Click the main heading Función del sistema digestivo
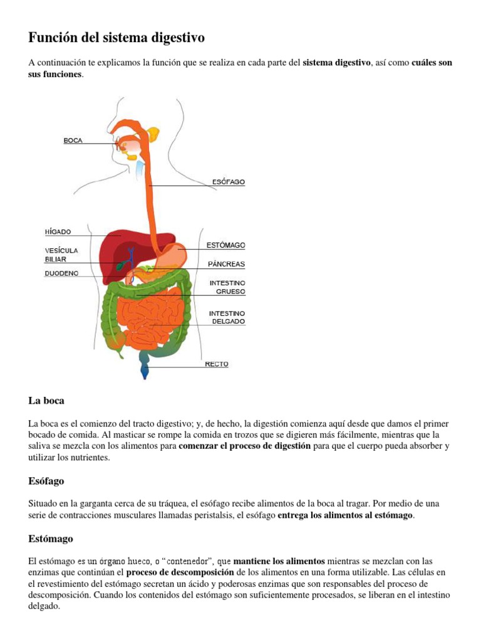pyautogui.click(x=116, y=38)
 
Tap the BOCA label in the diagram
pyautogui.click(x=73, y=141)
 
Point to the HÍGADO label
pyautogui.click(x=58, y=231)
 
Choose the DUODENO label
pyautogui.click(x=61, y=273)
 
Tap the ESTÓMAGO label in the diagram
pyautogui.click(x=225, y=245)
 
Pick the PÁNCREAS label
pyautogui.click(x=226, y=264)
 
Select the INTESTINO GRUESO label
pyautogui.click(x=227, y=287)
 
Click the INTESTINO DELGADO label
pyautogui.click(x=227, y=317)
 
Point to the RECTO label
pyautogui.click(x=217, y=364)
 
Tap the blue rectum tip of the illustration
pyautogui.click(x=145, y=373)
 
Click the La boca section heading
pyautogui.click(x=46, y=401)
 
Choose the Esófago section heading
pyautogui.click(x=46, y=481)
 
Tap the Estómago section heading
pyautogui.click(x=51, y=539)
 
